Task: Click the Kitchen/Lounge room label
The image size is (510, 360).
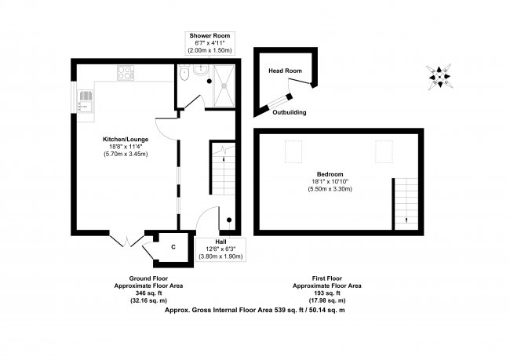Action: point(126,140)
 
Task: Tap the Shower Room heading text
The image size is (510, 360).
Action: point(209,36)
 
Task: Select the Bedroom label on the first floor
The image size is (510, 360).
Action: point(330,174)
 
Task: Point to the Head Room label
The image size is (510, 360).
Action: point(285,71)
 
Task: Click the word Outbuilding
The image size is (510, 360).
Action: point(290,112)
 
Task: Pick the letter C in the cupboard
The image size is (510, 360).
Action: point(173,247)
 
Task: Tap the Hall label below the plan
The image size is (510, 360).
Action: point(220,242)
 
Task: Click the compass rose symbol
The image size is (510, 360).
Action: point(439,77)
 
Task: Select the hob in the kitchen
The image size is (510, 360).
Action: point(126,73)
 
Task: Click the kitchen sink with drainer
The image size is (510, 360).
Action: point(86,101)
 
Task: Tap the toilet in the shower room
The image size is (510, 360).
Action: point(184,72)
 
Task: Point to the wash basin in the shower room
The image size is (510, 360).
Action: point(200,69)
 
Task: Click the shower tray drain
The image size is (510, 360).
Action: point(224,85)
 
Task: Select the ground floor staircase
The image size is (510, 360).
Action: point(223,168)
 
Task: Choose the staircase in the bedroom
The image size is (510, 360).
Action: point(406,204)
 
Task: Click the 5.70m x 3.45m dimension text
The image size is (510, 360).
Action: point(126,154)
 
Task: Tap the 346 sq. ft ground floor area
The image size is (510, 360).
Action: point(148,293)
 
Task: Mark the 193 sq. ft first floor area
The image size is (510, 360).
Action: point(327,293)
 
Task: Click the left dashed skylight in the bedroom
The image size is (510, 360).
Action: point(293,151)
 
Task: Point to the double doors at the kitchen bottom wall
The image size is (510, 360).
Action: point(127,240)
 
